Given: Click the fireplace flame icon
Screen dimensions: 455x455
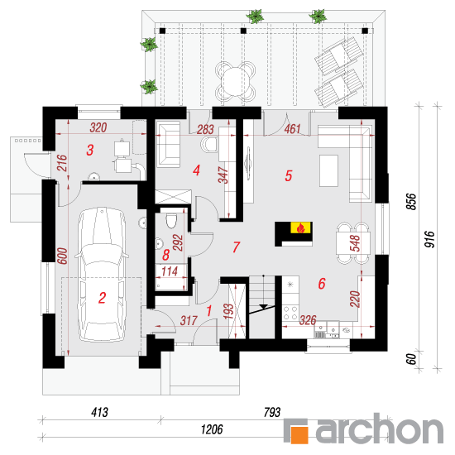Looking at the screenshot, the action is (x=301, y=227).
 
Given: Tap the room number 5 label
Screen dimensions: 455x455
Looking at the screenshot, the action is (x=288, y=175).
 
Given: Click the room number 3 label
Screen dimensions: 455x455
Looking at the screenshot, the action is (x=90, y=150).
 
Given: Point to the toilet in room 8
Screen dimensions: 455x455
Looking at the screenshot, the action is (x=171, y=221).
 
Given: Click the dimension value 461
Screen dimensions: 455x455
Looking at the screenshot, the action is (x=292, y=129).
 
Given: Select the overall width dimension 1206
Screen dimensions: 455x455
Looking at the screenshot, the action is (x=212, y=429).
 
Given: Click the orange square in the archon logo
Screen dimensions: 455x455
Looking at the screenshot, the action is (x=299, y=434).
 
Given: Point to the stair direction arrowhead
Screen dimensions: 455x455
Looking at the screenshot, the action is (x=263, y=306).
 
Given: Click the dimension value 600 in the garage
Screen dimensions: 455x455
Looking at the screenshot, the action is (x=63, y=256).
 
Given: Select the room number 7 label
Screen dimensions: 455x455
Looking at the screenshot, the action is (x=237, y=247).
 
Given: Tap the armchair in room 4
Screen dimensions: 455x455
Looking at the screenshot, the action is (x=168, y=144).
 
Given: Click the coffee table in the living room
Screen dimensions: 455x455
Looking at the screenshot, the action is (x=328, y=170).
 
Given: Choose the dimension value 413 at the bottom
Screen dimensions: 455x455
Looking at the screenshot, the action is (x=99, y=412).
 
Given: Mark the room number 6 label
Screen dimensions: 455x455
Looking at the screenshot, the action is (x=322, y=284).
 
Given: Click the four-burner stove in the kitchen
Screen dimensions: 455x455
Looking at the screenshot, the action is (x=290, y=313).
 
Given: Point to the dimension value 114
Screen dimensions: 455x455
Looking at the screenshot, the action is (x=170, y=271).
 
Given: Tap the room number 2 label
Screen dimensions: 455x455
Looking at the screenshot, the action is (x=102, y=298).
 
